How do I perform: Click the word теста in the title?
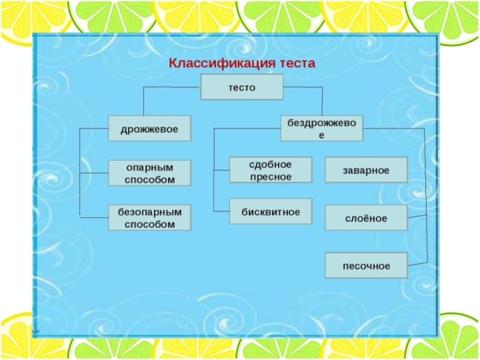(293, 63)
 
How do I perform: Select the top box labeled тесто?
(241, 88)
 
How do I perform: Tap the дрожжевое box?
(149, 128)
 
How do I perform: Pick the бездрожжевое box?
(322, 128)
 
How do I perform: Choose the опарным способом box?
(149, 173)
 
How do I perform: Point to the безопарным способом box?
(149, 217)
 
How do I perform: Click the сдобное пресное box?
(271, 170)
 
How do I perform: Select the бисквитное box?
(271, 211)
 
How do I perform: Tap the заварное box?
(366, 170)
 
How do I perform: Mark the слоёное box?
(366, 217)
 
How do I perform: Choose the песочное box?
(366, 265)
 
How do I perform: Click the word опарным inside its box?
(149, 167)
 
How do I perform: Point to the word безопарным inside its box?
(149, 212)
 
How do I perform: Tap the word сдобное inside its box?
(271, 164)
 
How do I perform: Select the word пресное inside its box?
(271, 176)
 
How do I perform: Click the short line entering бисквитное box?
(221, 211)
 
